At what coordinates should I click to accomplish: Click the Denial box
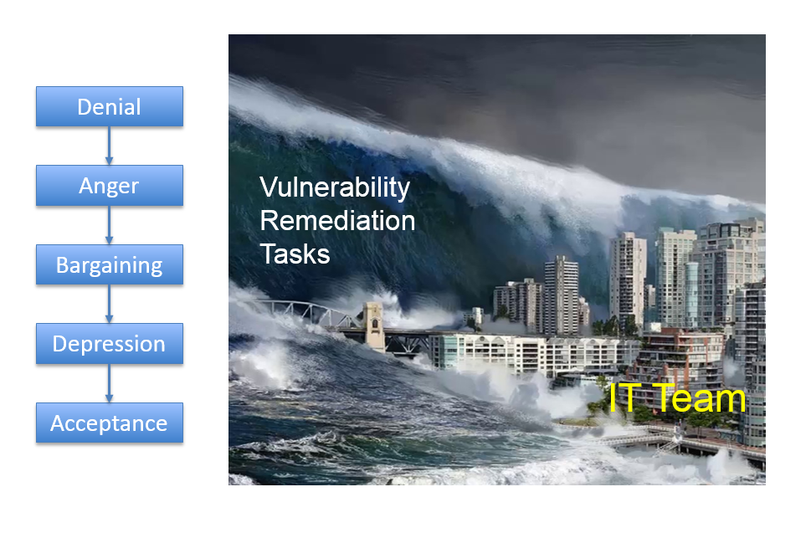(x=110, y=106)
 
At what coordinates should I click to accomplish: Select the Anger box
(x=110, y=186)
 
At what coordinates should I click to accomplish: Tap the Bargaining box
(x=110, y=264)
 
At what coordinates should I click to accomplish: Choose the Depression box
(x=110, y=344)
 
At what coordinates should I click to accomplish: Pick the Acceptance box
(x=110, y=423)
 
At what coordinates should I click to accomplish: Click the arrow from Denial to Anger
(x=109, y=146)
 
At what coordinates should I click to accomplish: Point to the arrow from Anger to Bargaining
(x=109, y=225)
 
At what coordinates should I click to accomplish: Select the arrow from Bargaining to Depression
(x=109, y=304)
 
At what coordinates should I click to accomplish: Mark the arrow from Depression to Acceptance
(x=109, y=383)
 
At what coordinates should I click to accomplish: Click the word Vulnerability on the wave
(x=335, y=187)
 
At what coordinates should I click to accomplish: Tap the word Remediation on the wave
(x=337, y=221)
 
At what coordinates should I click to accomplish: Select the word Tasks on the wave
(x=295, y=254)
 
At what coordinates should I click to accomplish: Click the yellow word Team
(x=702, y=398)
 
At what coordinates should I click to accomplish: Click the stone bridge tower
(x=373, y=326)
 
